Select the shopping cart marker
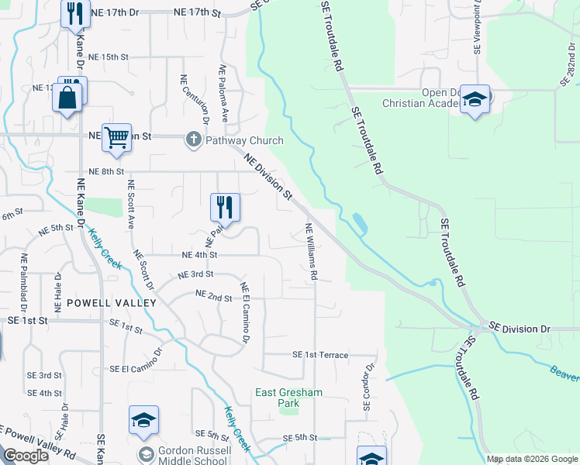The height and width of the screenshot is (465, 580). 116,138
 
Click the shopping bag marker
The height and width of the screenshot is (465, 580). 67,98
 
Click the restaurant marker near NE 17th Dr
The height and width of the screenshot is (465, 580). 75,14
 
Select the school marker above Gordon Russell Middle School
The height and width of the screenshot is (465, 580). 143,421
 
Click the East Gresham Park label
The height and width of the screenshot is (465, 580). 288,398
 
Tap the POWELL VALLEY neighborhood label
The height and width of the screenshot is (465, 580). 111,302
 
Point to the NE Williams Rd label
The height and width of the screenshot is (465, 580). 312,251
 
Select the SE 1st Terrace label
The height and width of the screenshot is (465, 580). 320,354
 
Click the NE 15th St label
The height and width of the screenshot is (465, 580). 108,57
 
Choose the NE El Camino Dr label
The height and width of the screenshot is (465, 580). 246,313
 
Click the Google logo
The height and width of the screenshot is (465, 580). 26,456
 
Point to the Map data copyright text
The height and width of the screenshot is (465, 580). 531,459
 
